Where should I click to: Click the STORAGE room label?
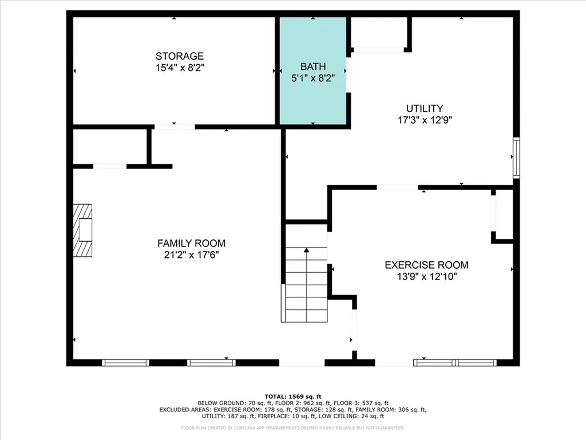point(180,56)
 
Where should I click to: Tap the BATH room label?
point(312,66)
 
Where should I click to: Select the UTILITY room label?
point(425,108)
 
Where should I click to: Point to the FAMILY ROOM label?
point(191,243)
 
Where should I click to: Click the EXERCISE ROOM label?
point(426,265)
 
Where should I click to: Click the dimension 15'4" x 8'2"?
point(180,67)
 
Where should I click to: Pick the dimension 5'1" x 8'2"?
point(312,77)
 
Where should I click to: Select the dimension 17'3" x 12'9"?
point(425,120)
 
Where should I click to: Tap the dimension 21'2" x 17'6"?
point(191,254)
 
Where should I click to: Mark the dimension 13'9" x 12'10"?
point(426,276)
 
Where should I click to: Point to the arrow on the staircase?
point(307,251)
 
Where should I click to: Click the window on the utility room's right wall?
point(516,157)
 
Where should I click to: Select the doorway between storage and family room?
point(175,127)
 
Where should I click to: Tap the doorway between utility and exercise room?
point(397,187)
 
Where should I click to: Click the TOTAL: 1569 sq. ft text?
point(293,396)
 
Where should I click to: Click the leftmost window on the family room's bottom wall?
point(125,362)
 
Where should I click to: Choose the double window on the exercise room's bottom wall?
point(456,362)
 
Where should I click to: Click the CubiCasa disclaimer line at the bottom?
point(293,427)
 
